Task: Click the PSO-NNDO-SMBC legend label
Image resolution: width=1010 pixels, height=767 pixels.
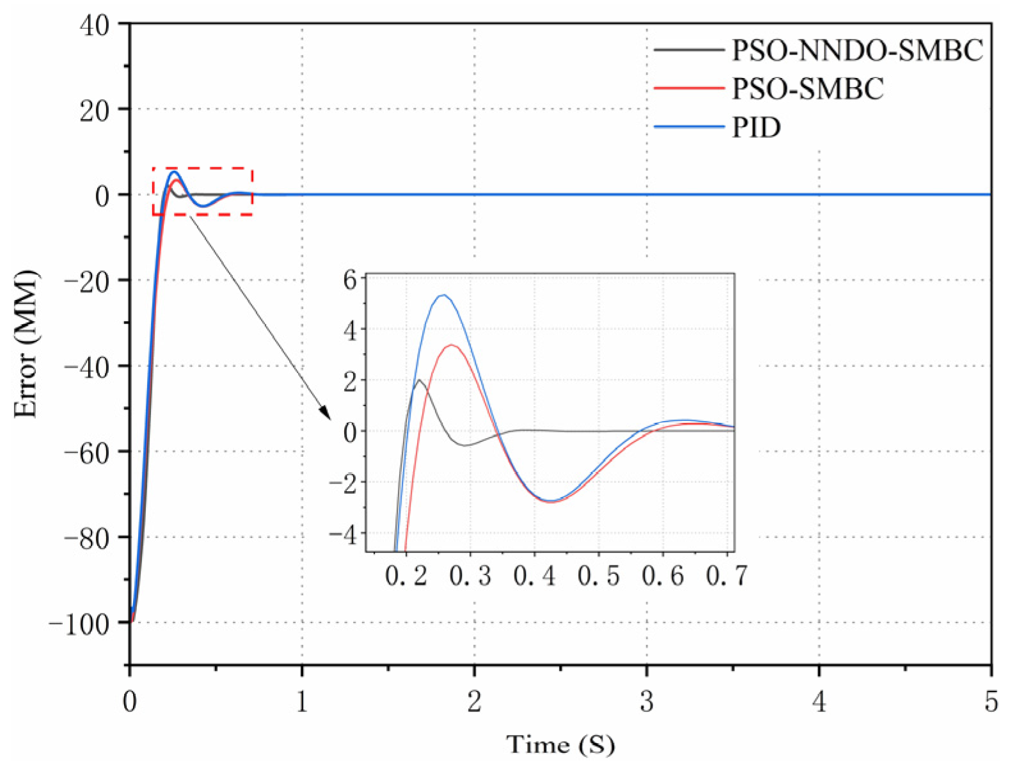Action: [x=857, y=51]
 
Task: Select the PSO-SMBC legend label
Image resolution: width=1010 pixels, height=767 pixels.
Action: [x=807, y=88]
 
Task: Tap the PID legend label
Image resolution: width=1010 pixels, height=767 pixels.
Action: [x=756, y=127]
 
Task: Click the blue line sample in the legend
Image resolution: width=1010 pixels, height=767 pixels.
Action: [x=690, y=127]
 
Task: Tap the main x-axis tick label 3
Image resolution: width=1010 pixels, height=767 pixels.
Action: [x=647, y=702]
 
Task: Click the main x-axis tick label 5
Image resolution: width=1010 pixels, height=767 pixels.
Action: [x=991, y=702]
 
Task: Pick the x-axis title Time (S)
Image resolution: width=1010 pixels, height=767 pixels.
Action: [x=560, y=745]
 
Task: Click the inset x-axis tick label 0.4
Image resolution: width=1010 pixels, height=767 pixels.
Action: [x=535, y=576]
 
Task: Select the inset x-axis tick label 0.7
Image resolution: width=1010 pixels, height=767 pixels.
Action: [x=727, y=576]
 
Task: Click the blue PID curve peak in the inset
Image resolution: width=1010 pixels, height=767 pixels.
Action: [x=443, y=295]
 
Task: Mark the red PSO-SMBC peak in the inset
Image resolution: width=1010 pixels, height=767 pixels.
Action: [x=452, y=345]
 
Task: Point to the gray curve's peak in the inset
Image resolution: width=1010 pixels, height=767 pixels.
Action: [x=420, y=380]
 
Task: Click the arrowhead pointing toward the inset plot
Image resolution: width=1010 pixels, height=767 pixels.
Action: [x=325, y=413]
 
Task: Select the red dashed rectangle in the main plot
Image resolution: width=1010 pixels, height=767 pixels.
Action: [x=202, y=169]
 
